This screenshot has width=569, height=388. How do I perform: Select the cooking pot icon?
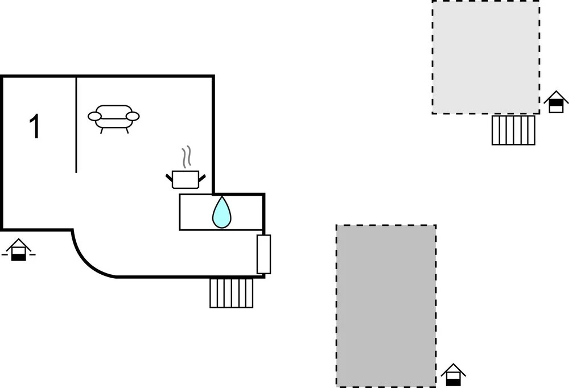click(x=185, y=179)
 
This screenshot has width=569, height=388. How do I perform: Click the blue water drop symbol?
click(x=222, y=212)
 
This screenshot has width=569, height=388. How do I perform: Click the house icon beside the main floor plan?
click(x=19, y=250)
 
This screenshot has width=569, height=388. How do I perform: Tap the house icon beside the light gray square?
click(x=556, y=102)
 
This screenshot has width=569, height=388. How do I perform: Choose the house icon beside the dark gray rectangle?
click(x=453, y=374)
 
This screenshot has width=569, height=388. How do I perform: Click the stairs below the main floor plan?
click(x=232, y=293)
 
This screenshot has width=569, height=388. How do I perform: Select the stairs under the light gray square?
click(x=513, y=130)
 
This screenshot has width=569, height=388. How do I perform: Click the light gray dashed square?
click(x=485, y=57)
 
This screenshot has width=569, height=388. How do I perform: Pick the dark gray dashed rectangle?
click(x=386, y=306)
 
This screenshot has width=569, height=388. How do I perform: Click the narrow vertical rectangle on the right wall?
click(x=264, y=254)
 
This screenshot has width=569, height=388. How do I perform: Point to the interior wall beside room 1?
click(x=76, y=125)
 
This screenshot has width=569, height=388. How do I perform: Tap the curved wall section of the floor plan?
click(x=89, y=261)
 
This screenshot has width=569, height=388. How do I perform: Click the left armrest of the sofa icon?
click(x=94, y=116)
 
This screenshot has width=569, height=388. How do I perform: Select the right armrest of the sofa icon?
click(x=133, y=116)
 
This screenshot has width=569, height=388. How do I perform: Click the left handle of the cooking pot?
click(x=169, y=178)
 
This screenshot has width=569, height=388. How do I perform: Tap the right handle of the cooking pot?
click(x=202, y=178)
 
